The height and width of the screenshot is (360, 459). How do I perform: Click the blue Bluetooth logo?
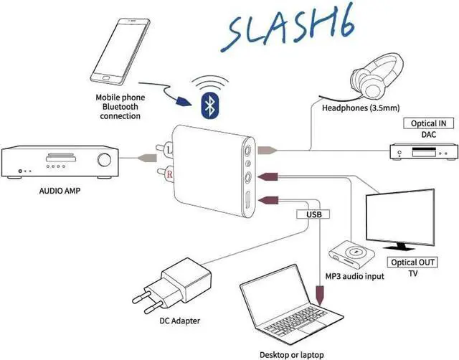(x=209, y=105)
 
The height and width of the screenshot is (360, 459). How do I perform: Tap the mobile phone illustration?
(x=123, y=52)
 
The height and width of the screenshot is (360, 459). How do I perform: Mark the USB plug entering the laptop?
(x=320, y=294)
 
